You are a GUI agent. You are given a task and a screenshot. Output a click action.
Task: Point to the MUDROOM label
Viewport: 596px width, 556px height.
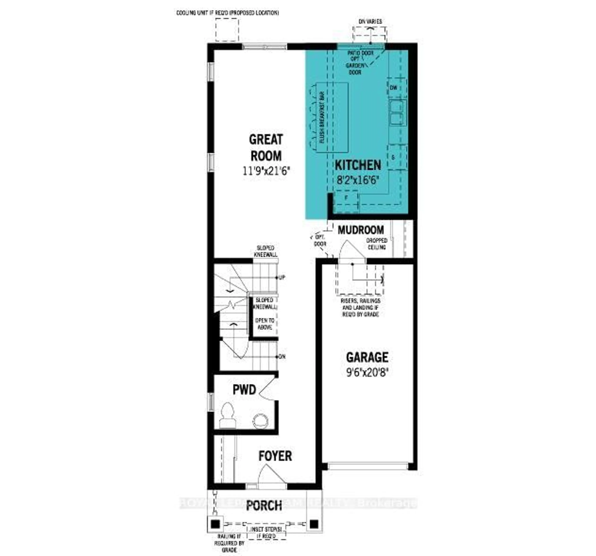(x=361, y=230)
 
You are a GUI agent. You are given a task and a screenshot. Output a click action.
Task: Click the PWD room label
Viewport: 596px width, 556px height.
(x=244, y=390)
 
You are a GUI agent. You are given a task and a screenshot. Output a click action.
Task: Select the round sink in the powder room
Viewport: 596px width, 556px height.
(x=260, y=421)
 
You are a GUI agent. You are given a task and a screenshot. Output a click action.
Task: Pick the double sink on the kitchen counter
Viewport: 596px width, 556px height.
(x=397, y=113)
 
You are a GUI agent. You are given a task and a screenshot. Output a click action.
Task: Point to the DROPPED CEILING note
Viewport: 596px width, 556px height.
(x=377, y=244)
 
